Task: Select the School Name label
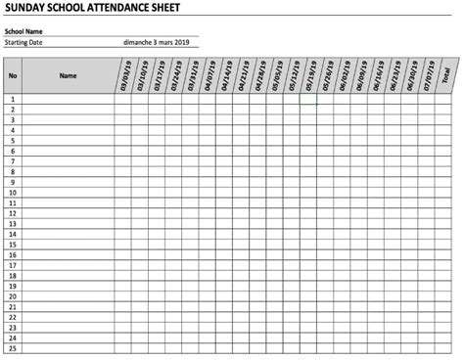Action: tap(23, 31)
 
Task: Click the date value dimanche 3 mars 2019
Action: tap(157, 42)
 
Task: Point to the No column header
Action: tap(12, 75)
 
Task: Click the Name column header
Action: tap(68, 75)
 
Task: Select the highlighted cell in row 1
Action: tap(308, 99)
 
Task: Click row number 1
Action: tap(12, 99)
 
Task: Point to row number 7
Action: tap(12, 161)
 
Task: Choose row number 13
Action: tap(12, 223)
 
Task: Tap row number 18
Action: tap(12, 275)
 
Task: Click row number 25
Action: tap(12, 347)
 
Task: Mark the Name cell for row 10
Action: tap(68, 193)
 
